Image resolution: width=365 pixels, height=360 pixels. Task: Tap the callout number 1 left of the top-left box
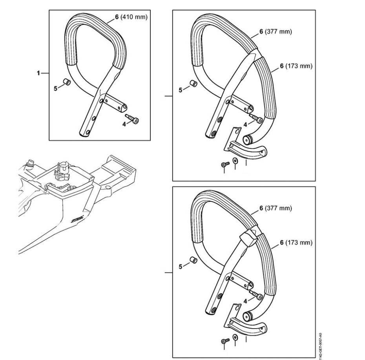[x=38, y=73]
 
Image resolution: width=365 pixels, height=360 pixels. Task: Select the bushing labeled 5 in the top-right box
[x=193, y=83]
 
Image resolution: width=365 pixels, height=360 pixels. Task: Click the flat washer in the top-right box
[x=235, y=160]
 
